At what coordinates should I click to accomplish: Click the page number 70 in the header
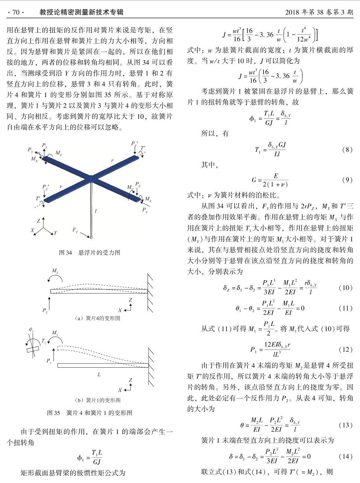pyautogui.click(x=16, y=12)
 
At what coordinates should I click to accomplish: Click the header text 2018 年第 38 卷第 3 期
pyautogui.click(x=319, y=12)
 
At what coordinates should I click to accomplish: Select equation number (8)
pyautogui.click(x=347, y=150)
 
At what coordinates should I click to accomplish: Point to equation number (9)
pyautogui.click(x=347, y=180)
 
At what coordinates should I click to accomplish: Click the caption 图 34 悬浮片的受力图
pyautogui.click(x=90, y=253)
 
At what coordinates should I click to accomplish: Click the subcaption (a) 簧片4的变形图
pyautogui.click(x=97, y=318)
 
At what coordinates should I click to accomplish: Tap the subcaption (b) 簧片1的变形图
pyautogui.click(x=97, y=400)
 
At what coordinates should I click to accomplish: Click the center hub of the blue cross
pyautogui.click(x=91, y=178)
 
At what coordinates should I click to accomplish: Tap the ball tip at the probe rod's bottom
pyautogui.click(x=91, y=237)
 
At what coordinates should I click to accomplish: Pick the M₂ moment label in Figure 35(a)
pyautogui.click(x=55, y=271)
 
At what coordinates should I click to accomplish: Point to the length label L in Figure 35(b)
pyautogui.click(x=99, y=374)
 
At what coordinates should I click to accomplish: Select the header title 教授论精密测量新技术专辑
pyautogui.click(x=81, y=12)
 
